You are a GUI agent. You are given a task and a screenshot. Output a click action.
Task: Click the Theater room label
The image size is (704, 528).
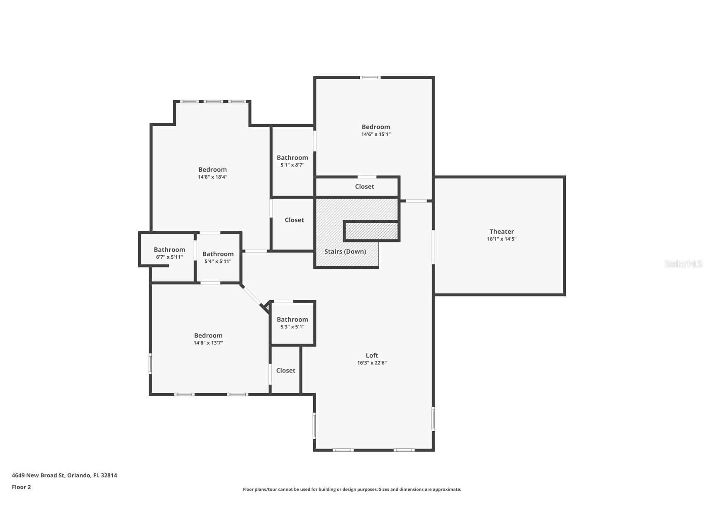tap(502, 232)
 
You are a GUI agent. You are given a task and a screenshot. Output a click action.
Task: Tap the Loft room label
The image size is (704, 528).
tap(372, 355)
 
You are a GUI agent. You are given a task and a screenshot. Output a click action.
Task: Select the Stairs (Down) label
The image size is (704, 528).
tap(345, 252)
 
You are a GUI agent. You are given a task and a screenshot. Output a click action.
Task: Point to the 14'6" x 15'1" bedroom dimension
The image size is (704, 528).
tap(376, 134)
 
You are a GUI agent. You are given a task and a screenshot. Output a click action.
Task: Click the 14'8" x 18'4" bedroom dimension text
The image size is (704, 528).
tap(212, 177)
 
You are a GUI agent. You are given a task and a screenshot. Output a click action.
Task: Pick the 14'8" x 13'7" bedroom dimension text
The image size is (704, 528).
tap(208, 343)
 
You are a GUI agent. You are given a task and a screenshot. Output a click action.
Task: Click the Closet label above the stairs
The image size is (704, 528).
tap(365, 187)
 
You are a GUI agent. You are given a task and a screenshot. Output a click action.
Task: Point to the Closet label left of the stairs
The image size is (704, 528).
tap(294, 220)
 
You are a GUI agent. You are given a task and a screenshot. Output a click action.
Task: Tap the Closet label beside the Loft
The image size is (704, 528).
tap(286, 371)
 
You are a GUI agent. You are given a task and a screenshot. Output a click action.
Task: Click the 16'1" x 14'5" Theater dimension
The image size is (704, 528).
tap(502, 239)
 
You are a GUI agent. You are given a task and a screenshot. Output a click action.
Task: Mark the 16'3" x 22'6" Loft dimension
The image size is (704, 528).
tap(372, 363)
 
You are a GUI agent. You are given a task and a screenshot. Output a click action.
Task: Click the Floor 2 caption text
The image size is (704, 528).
tap(21, 487)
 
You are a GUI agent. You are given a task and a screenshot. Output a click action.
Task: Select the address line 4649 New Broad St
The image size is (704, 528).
tap(64, 476)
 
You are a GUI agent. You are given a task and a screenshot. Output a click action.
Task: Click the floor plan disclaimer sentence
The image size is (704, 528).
tap(352, 489)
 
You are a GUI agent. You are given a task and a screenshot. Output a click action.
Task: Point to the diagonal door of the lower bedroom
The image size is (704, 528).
tap(251, 295)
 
